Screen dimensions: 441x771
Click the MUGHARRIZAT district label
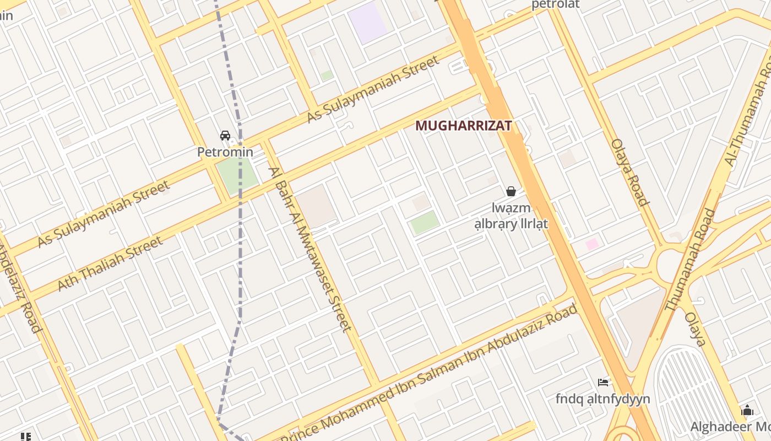[463, 126]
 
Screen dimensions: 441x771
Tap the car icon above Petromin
[225, 136]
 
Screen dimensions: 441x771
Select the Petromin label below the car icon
[225, 152]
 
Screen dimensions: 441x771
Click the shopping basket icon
[511, 191]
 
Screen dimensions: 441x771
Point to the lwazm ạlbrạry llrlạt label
[511, 216]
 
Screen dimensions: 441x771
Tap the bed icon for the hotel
[603, 383]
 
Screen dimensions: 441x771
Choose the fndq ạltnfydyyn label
[602, 399]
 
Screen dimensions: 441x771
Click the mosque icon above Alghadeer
[747, 410]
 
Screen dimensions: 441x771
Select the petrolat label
[555, 5]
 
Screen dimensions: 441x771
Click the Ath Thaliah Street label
[110, 264]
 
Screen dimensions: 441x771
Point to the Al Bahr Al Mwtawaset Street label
[310, 249]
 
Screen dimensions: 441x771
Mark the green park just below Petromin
[237, 175]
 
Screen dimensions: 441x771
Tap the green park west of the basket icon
[425, 223]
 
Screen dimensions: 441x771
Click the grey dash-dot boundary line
[240, 220]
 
